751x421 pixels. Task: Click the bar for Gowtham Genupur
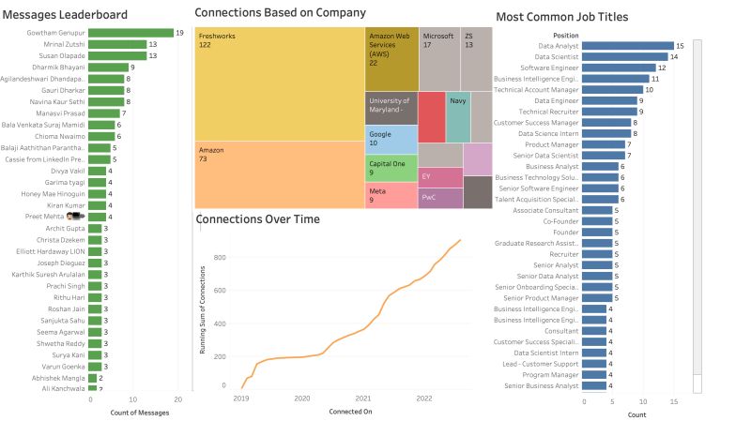pos(130,33)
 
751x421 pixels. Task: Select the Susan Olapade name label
pos(60,55)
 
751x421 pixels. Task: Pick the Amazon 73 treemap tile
pos(279,174)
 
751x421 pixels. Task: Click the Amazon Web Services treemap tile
pos(391,59)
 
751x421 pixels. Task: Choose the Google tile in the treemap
pos(391,139)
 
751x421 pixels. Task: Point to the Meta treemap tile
pos(391,195)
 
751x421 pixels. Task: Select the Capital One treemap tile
pos(391,168)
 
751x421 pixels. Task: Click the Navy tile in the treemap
pos(458,117)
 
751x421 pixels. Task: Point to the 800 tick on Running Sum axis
pos(220,257)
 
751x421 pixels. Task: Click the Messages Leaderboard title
pos(66,15)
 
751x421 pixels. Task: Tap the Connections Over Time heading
pos(257,219)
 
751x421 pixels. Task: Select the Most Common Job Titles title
pos(561,17)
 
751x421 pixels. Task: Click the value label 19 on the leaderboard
pos(180,33)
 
